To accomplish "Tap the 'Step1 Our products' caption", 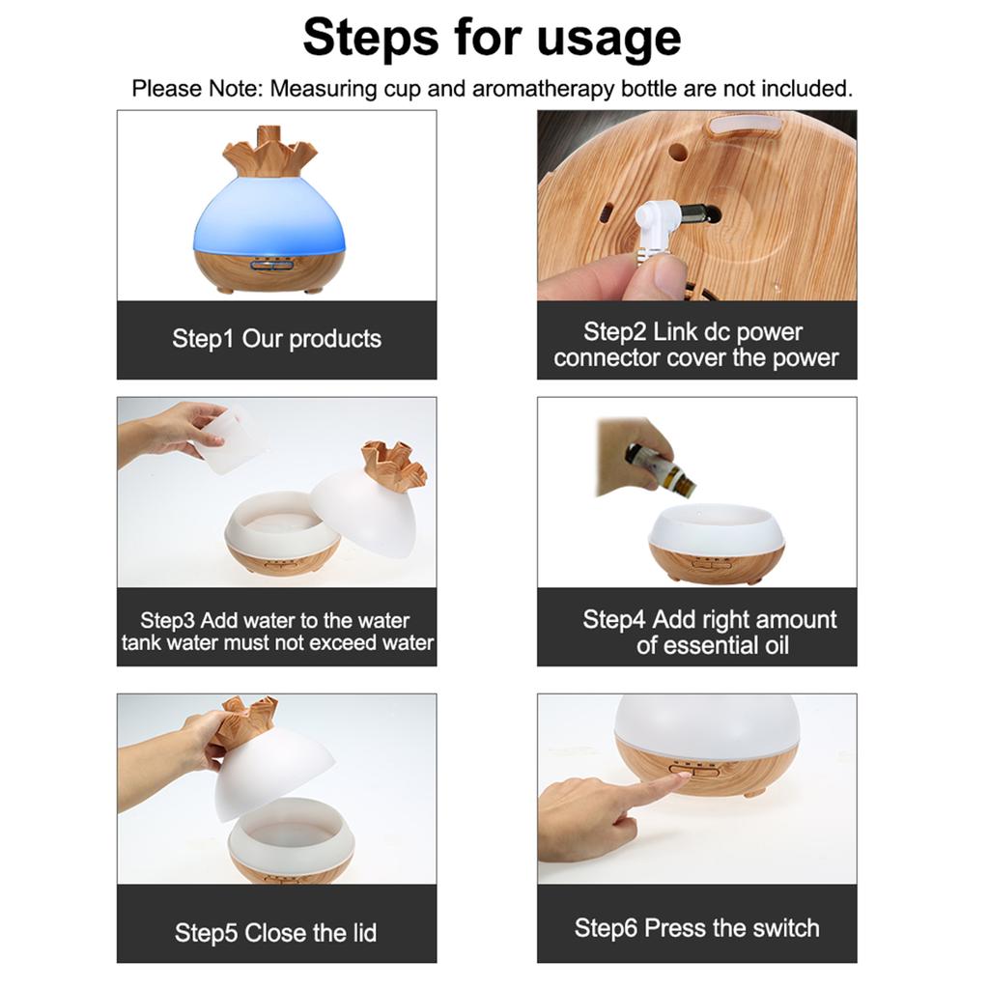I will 276,339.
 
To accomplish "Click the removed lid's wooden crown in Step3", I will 393,466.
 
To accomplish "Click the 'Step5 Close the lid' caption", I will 276,933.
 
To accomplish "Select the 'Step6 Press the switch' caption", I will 696,928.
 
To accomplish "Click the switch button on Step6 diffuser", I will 695,771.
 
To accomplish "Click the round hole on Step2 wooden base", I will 678,152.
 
